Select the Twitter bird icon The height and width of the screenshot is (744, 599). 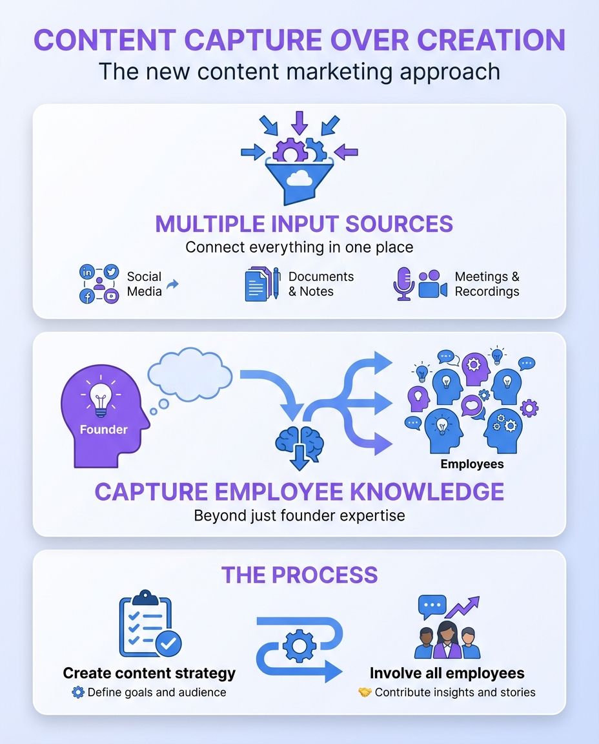click(111, 271)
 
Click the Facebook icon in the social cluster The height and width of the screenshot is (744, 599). click(86, 296)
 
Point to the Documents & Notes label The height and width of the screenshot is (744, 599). click(321, 284)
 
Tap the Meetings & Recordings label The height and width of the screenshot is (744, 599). click(487, 284)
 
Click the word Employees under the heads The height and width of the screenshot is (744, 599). click(472, 464)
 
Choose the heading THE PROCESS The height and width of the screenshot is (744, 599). click(299, 575)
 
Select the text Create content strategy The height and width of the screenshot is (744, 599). click(149, 673)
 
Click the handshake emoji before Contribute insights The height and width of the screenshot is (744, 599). click(365, 692)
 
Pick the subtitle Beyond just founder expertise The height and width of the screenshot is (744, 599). click(299, 516)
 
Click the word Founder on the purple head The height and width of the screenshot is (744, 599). click(103, 429)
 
